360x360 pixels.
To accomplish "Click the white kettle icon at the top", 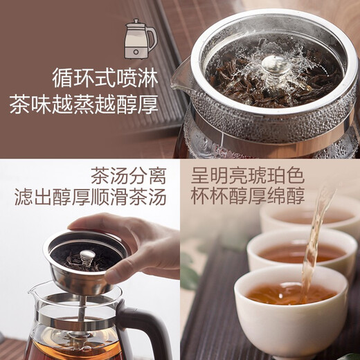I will coord(141,39).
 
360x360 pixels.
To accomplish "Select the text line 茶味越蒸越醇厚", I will coord(83,106).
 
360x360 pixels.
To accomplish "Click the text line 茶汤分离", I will coord(128,174).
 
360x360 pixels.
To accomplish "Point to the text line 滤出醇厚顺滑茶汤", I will coord(91,197).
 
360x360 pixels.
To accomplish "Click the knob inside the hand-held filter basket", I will coord(87,258).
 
